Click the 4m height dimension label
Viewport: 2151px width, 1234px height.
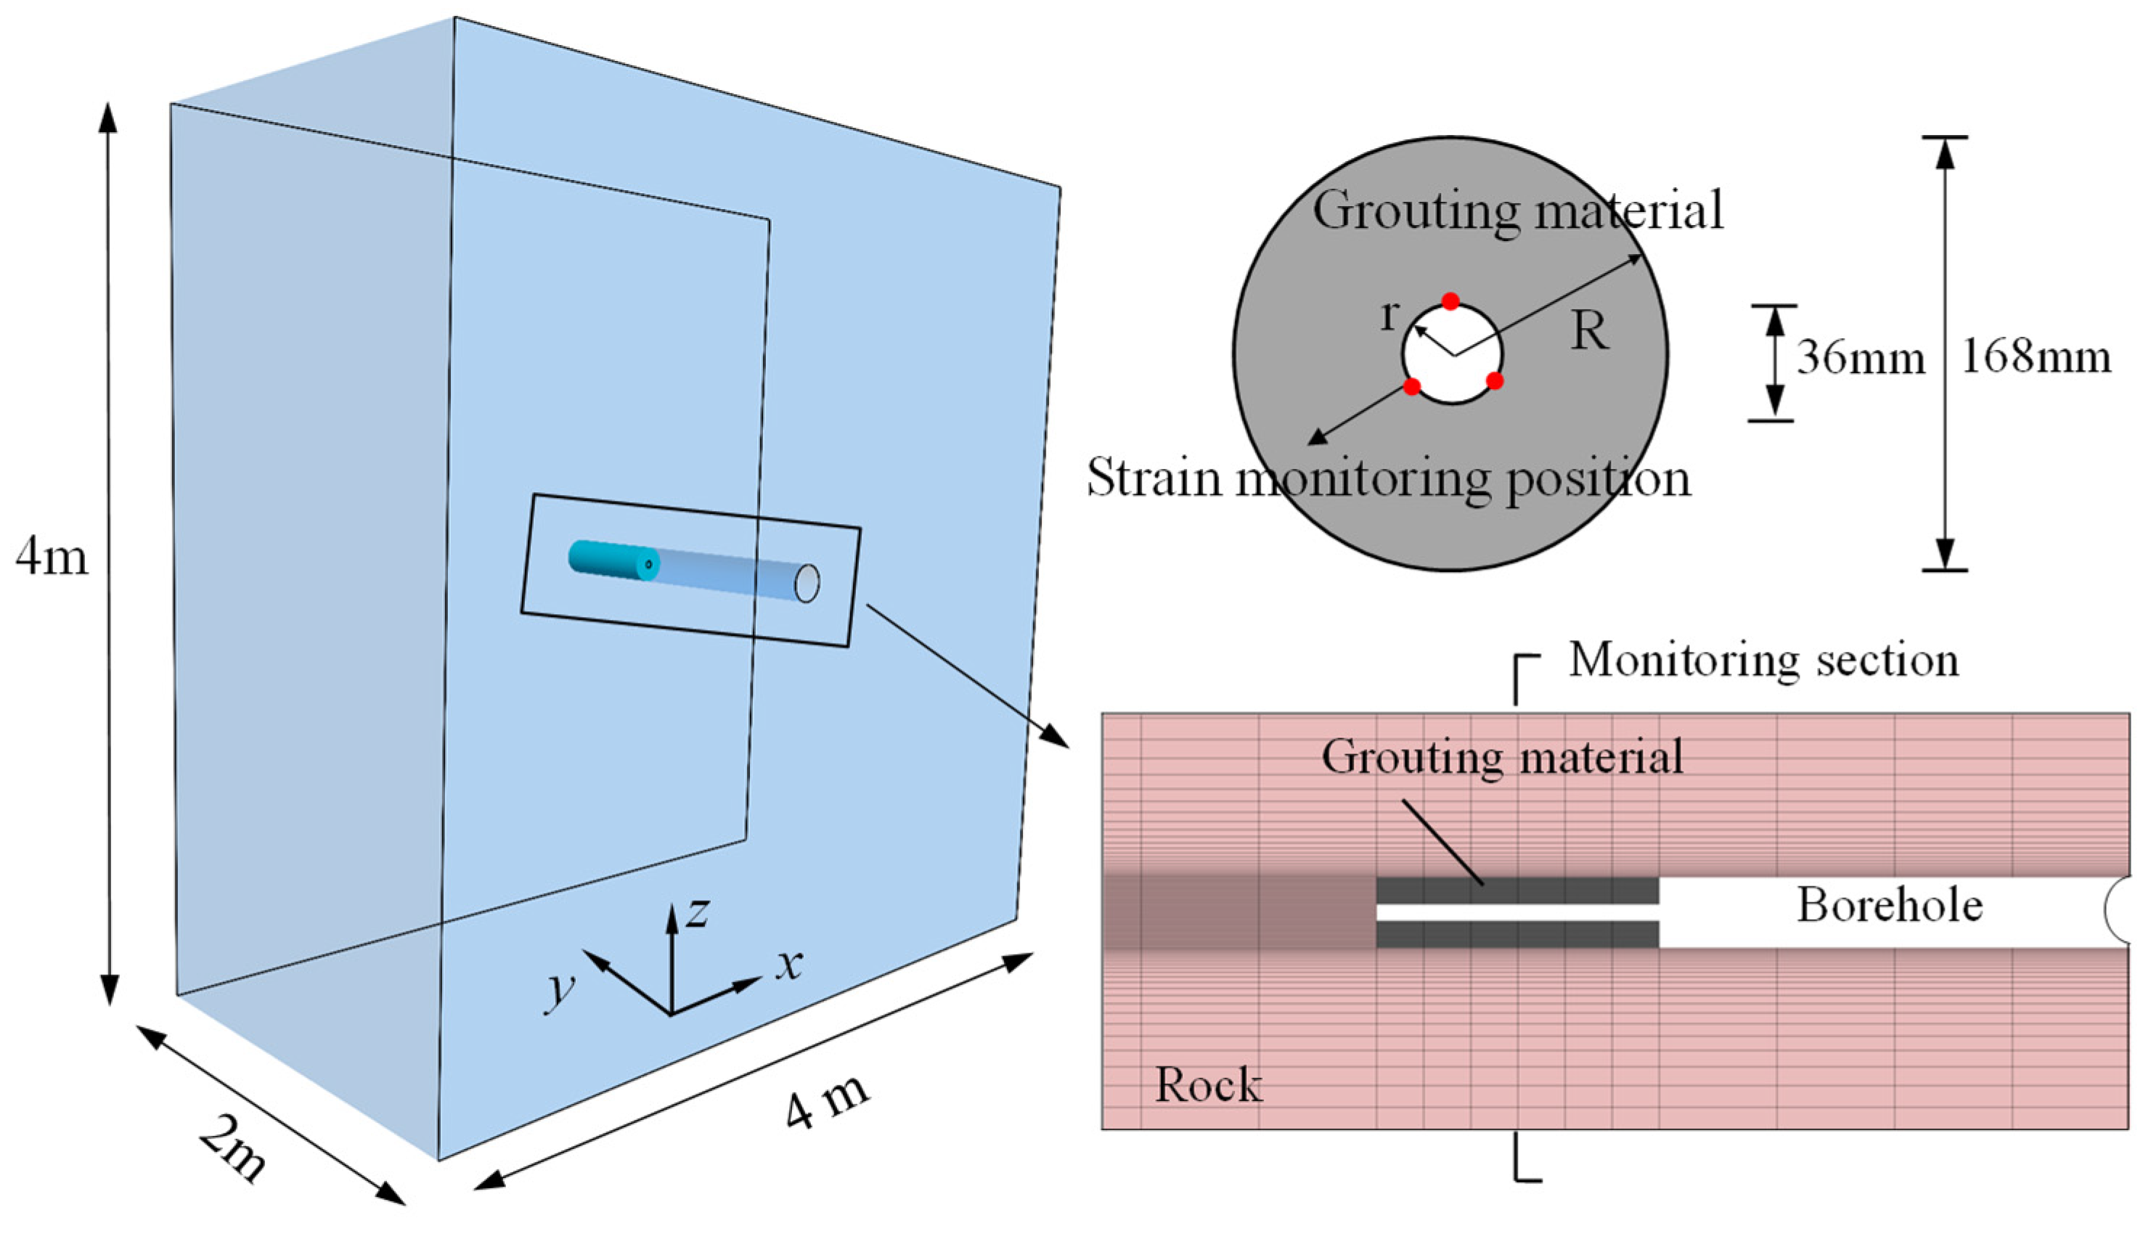coord(51,557)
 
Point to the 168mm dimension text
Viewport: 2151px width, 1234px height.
coord(2036,357)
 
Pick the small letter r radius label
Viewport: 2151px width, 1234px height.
coord(1388,315)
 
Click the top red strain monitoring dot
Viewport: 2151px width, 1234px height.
coord(1451,301)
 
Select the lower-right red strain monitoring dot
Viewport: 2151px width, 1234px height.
coord(1495,380)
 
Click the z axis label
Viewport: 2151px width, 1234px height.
coord(698,912)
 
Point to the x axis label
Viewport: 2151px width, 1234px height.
coord(789,964)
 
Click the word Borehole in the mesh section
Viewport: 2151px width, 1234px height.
coord(1890,905)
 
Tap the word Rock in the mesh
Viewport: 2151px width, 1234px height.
coord(1209,1086)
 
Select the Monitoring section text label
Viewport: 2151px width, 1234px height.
coord(1763,661)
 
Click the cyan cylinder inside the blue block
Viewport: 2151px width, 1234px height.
coord(612,560)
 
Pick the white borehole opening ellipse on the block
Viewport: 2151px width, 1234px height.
coord(807,583)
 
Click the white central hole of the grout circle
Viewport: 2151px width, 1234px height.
coord(1453,354)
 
